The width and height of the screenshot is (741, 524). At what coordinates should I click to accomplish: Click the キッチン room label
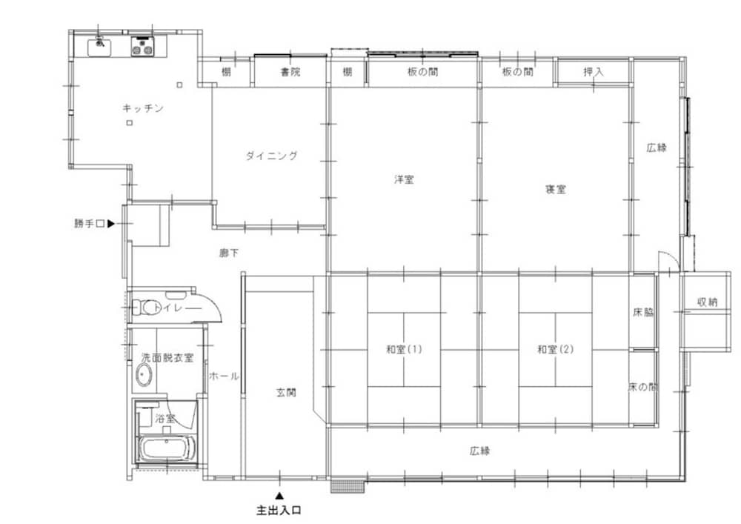pyautogui.click(x=143, y=108)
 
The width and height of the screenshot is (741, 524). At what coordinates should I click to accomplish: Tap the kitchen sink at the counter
pyautogui.click(x=99, y=47)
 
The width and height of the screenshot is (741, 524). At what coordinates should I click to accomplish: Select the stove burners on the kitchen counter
pyautogui.click(x=142, y=47)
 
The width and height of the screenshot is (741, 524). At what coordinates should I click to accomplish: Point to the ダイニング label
pyautogui.click(x=272, y=156)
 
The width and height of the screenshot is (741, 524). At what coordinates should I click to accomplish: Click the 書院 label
pyautogui.click(x=290, y=72)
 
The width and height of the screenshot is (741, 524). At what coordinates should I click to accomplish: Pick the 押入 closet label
pyautogui.click(x=593, y=72)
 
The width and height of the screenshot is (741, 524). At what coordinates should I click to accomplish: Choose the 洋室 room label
pyautogui.click(x=404, y=179)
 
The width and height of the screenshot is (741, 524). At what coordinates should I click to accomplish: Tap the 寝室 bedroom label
pyautogui.click(x=555, y=190)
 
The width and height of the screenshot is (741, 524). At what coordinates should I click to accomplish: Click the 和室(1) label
pyautogui.click(x=404, y=350)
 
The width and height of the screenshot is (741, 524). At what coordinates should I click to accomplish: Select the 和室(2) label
pyautogui.click(x=555, y=350)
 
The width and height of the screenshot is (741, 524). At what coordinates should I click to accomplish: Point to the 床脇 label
pyautogui.click(x=643, y=312)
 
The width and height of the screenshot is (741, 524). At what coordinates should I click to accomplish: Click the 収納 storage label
pyautogui.click(x=708, y=302)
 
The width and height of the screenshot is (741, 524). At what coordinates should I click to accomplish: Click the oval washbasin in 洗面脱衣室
pyautogui.click(x=144, y=375)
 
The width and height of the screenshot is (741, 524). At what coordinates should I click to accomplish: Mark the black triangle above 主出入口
pyautogui.click(x=280, y=496)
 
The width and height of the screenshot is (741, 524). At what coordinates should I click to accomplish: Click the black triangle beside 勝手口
pyautogui.click(x=111, y=224)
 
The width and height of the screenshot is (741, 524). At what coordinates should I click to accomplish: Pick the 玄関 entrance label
pyautogui.click(x=286, y=392)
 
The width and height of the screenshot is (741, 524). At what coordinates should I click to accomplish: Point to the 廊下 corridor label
pyautogui.click(x=229, y=253)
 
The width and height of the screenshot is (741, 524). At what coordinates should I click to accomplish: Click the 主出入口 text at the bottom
pyautogui.click(x=279, y=511)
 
